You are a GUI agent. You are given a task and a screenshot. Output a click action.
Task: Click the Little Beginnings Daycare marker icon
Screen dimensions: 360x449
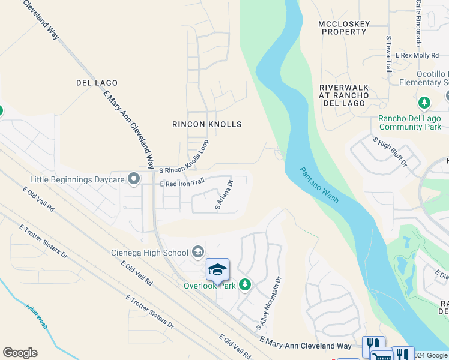click(134, 179)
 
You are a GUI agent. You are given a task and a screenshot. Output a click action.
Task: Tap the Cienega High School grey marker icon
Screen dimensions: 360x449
click(198, 253)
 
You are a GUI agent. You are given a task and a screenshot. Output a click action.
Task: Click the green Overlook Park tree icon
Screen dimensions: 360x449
click(244, 284)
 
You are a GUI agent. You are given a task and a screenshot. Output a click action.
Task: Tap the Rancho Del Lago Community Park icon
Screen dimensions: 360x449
click(424, 103)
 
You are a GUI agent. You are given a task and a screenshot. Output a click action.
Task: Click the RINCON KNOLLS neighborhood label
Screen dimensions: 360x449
click(206, 124)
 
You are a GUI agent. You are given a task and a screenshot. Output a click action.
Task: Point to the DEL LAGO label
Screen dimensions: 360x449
click(97, 82)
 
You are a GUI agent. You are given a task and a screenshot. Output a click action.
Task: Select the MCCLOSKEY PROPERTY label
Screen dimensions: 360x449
click(344, 28)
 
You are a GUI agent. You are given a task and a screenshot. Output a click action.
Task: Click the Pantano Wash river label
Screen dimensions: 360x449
click(320, 185)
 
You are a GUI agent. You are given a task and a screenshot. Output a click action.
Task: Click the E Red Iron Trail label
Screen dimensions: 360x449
click(182, 182)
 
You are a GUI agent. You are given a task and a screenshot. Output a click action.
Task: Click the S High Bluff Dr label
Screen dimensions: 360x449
click(390, 152)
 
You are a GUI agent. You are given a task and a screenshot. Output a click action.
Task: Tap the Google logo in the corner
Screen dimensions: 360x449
click(20, 353)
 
